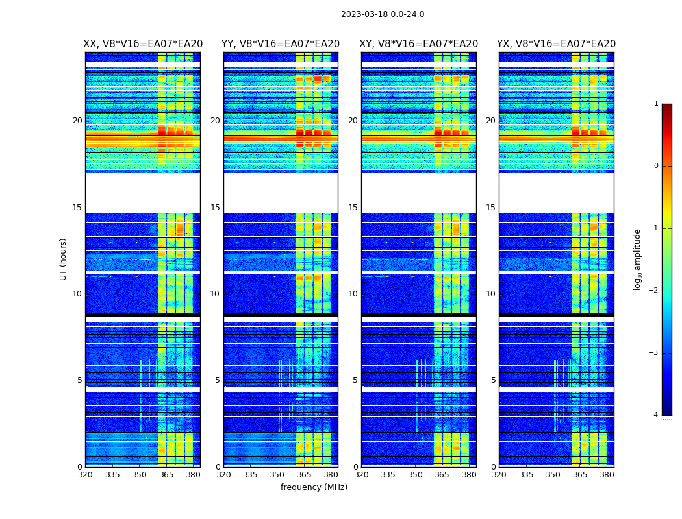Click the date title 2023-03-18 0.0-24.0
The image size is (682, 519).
383,14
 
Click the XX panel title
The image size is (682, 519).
143,44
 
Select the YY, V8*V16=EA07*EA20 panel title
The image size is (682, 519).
281,44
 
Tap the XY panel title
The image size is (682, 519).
419,44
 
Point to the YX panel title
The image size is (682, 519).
557,44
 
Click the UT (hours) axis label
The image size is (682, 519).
64,259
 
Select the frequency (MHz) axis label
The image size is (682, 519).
314,487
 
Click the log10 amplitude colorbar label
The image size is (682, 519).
638,259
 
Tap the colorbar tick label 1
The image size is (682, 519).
656,104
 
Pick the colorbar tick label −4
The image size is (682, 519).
654,415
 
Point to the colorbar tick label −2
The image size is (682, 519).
654,291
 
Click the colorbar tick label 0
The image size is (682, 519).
656,166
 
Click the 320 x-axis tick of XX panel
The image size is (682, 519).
85,475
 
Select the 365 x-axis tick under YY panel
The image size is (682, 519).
304,475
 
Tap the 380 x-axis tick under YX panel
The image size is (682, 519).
607,475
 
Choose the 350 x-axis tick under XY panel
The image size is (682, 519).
415,475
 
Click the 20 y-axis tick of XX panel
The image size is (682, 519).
77,121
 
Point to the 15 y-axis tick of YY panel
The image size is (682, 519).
215,208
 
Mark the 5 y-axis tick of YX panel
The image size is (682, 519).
493,380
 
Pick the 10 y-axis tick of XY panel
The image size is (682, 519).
353,294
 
